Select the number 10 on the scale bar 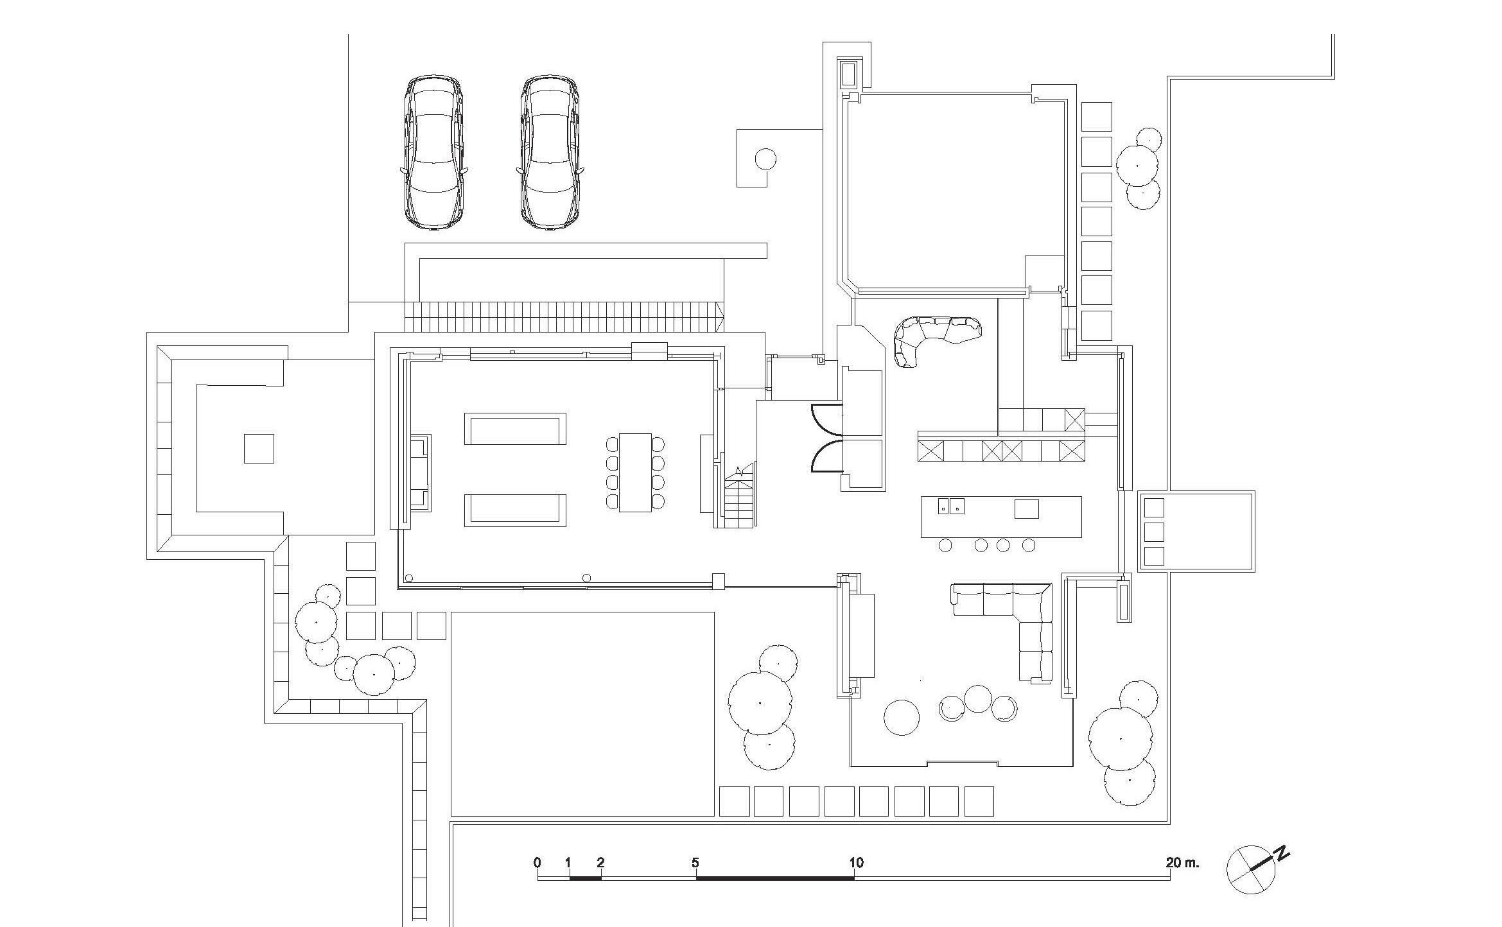point(856,862)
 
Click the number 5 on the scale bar point(695,862)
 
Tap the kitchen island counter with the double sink point(1001,517)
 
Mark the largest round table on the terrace point(902,717)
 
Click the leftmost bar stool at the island point(945,545)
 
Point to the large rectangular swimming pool point(582,713)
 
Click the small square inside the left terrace point(259,448)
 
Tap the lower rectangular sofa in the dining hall point(515,510)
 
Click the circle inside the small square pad point(765,158)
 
